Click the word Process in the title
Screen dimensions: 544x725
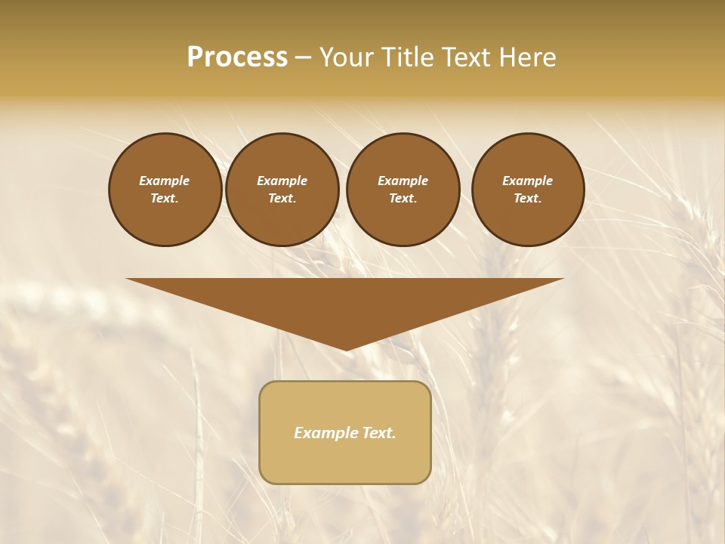(x=237, y=57)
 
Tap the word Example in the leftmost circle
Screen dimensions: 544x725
(x=165, y=181)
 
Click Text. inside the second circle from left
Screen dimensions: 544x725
(x=282, y=199)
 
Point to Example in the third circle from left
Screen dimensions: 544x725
(x=403, y=181)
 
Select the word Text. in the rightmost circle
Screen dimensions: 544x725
(x=528, y=199)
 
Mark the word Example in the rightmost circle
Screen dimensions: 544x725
(x=528, y=181)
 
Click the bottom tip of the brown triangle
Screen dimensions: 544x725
(x=345, y=348)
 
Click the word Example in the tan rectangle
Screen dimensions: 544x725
(x=324, y=433)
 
